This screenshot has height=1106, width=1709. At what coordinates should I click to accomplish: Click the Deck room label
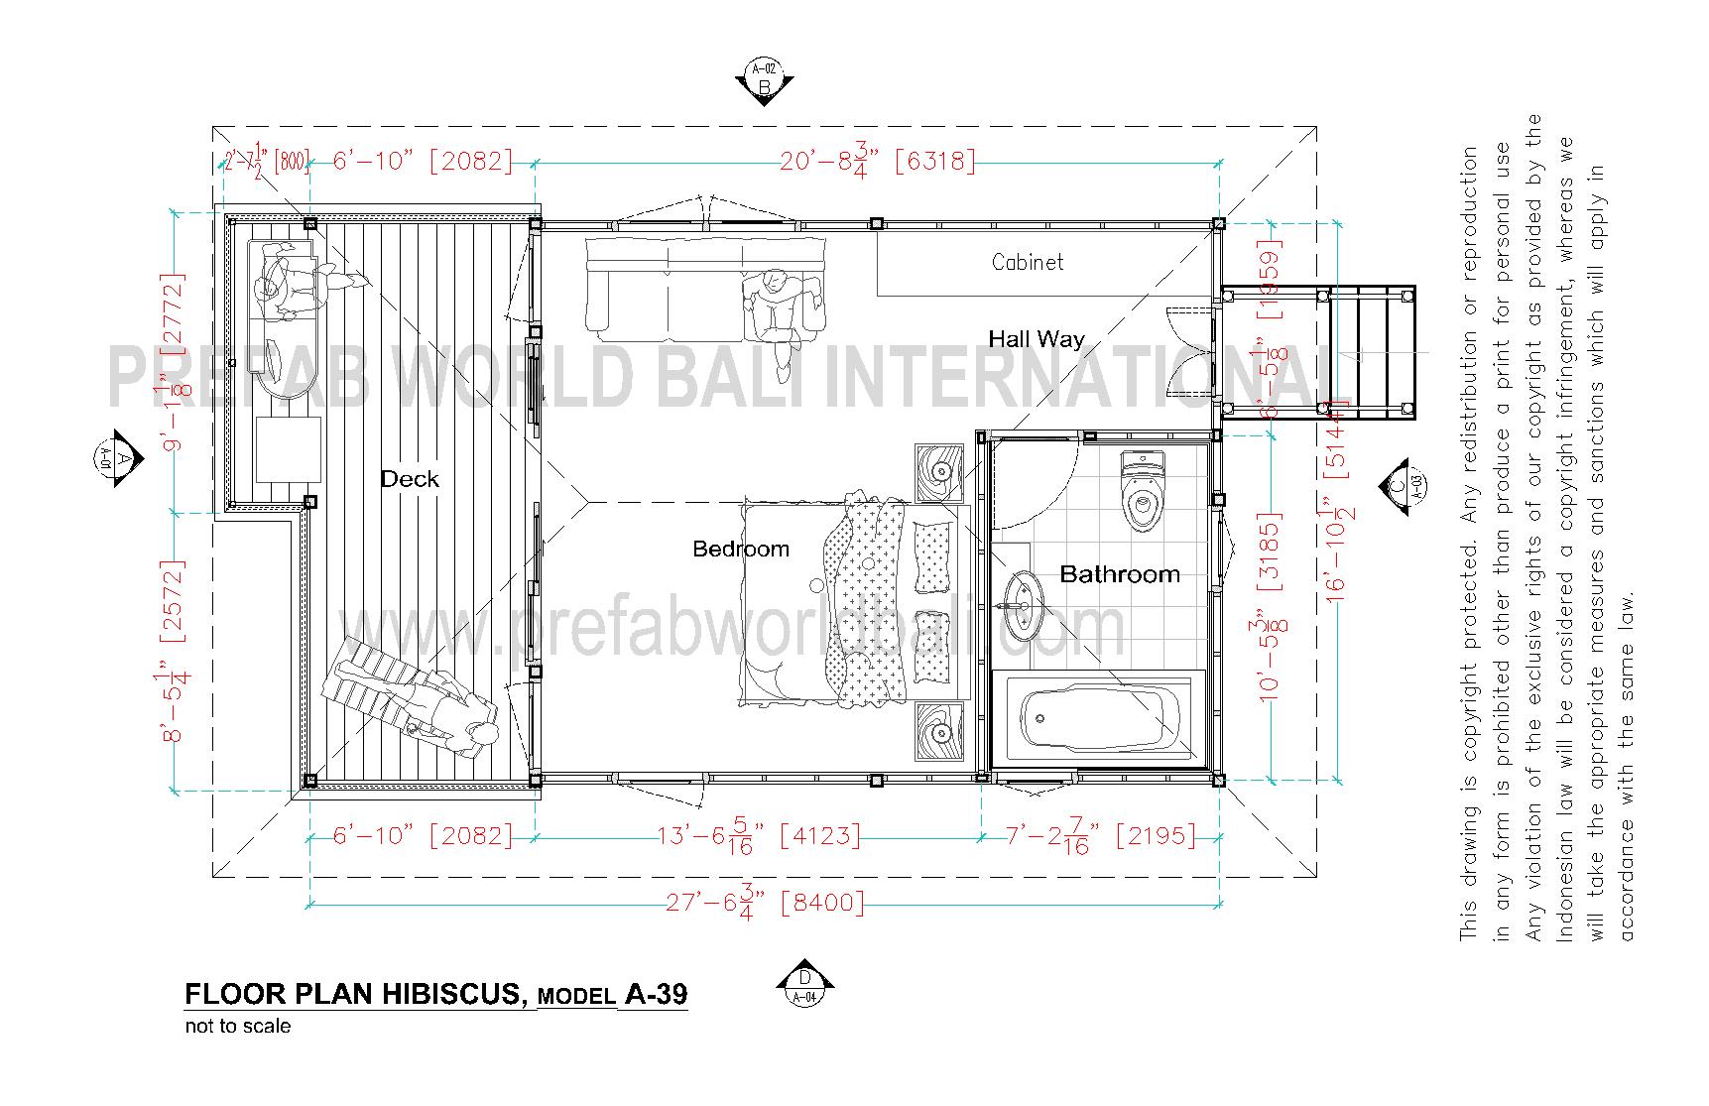[x=410, y=479]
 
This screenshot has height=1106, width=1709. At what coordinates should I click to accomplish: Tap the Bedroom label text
[x=740, y=549]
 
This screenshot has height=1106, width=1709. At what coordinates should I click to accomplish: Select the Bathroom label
[x=1120, y=573]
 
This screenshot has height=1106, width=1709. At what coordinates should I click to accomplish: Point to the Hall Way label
[x=1036, y=339]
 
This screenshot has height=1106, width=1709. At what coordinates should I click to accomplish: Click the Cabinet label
[x=1028, y=262]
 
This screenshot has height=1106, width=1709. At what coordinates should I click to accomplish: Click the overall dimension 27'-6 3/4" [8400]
[x=764, y=903]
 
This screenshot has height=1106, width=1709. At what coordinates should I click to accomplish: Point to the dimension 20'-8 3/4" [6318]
[x=877, y=160]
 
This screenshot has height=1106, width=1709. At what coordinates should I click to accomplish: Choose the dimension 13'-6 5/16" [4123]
[x=759, y=836]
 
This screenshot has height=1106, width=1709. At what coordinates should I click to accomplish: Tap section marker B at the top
[x=764, y=81]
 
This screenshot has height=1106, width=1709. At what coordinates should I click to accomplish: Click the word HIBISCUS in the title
[x=454, y=994]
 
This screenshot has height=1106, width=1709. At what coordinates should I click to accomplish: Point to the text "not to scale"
[x=238, y=1027]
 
